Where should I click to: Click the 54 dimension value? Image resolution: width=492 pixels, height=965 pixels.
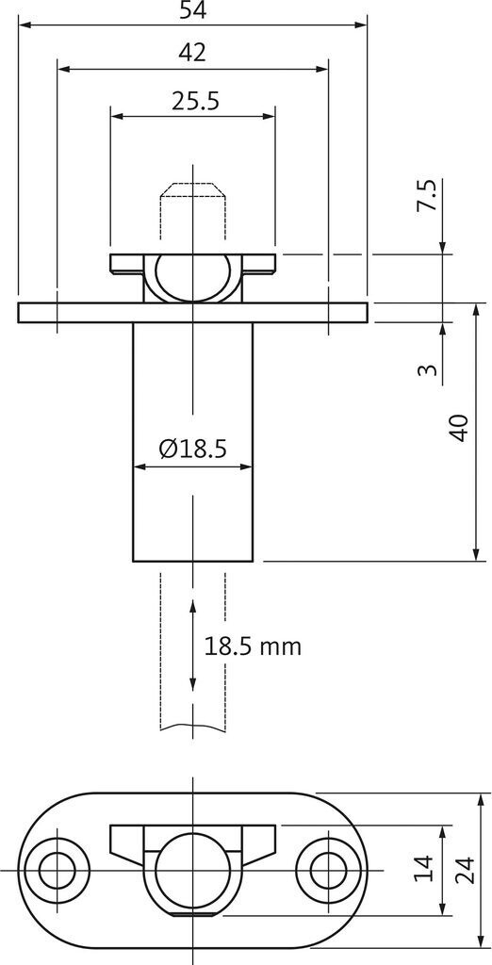tap(192, 10)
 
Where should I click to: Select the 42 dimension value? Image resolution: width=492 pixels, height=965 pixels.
tap(191, 54)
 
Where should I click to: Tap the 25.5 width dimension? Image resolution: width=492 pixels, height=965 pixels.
tap(195, 102)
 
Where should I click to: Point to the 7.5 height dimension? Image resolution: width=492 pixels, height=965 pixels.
tap(429, 196)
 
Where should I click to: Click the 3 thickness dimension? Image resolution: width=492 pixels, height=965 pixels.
tap(429, 369)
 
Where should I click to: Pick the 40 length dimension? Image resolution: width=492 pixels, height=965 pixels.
tap(460, 428)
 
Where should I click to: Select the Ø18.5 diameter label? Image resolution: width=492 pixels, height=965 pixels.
tap(192, 449)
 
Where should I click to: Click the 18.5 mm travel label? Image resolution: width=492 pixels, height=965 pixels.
tap(253, 646)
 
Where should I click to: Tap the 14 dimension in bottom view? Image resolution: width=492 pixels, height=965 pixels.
tap(424, 870)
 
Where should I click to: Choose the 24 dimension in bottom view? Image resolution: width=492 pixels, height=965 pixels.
tap(465, 870)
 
